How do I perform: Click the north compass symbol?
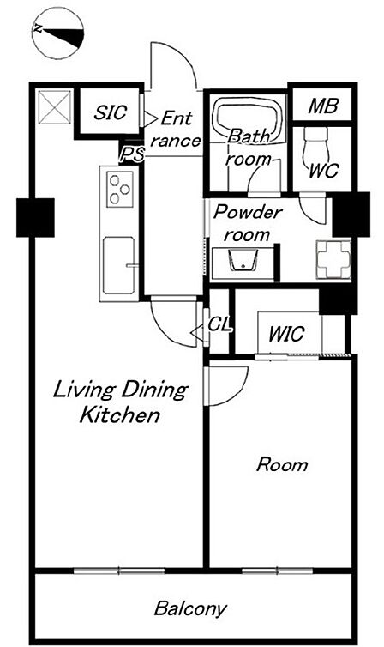pyautogui.click(x=57, y=33)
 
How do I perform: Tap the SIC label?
pyautogui.click(x=110, y=112)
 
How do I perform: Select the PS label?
pyautogui.click(x=132, y=154)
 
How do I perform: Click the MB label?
pyautogui.click(x=323, y=106)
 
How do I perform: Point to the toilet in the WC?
pyautogui.click(x=316, y=144)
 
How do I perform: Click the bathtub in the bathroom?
pyautogui.click(x=249, y=119)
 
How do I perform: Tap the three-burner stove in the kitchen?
pyautogui.click(x=120, y=189)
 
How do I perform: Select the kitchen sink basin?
pyautogui.click(x=118, y=265)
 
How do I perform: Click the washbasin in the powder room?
pyautogui.click(x=243, y=260)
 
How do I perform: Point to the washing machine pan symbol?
pyautogui.click(x=333, y=259)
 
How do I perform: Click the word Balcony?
pyautogui.click(x=190, y=608)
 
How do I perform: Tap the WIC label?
pyautogui.click(x=286, y=334)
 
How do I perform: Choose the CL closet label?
pyautogui.click(x=219, y=324)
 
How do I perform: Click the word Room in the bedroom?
pyautogui.click(x=282, y=464)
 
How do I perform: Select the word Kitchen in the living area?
pyautogui.click(x=120, y=415)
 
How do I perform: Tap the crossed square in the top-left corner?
pyautogui.click(x=54, y=107)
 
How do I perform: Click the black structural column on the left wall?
pyautogui.click(x=35, y=217)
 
